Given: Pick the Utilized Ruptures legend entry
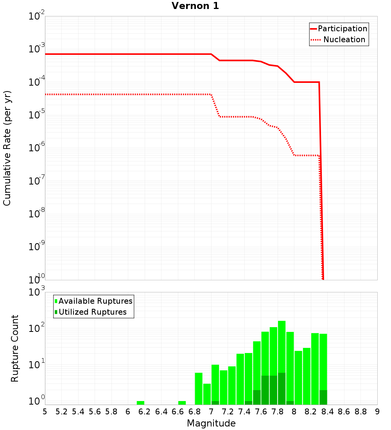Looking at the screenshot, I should click(92, 312).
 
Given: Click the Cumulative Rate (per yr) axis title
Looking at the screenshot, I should click(7, 148).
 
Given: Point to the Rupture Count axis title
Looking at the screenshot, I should click(15, 348).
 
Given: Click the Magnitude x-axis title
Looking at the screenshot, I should click(211, 423).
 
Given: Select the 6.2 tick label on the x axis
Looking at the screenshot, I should click(145, 412).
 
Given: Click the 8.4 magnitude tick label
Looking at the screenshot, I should click(328, 412).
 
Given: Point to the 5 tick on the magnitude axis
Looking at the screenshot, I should click(45, 412).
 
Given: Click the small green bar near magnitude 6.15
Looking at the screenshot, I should click(140, 403).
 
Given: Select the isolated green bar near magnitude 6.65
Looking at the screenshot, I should click(182, 403).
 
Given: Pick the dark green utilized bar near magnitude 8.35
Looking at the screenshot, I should click(323, 397).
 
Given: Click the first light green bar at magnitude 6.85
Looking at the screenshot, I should click(199, 389).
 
